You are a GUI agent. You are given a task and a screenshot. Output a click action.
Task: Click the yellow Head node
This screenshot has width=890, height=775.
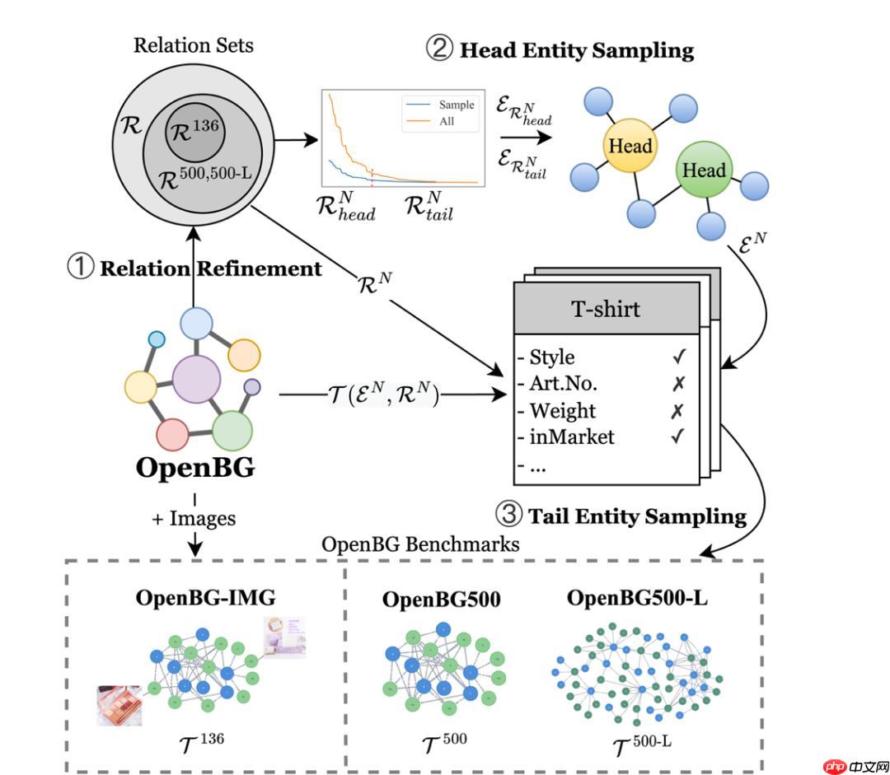pyautogui.click(x=630, y=147)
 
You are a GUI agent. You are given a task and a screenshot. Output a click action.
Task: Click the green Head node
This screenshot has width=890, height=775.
pyautogui.click(x=703, y=171)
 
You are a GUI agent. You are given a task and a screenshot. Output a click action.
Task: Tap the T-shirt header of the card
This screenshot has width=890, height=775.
pyautogui.click(x=607, y=310)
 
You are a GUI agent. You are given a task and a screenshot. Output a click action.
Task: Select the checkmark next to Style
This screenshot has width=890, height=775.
pyautogui.click(x=678, y=357)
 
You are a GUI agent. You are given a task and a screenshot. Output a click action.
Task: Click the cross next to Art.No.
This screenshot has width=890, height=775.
pyautogui.click(x=678, y=384)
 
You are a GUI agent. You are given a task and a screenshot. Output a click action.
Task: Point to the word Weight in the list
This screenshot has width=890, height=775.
pyautogui.click(x=562, y=410)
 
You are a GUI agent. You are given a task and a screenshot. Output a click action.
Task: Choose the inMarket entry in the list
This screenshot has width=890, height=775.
pyautogui.click(x=571, y=437)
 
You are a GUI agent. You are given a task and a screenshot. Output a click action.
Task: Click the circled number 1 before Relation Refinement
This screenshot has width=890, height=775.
pyautogui.click(x=81, y=268)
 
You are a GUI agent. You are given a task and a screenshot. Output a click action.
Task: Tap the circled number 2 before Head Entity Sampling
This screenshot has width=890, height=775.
pyautogui.click(x=438, y=49)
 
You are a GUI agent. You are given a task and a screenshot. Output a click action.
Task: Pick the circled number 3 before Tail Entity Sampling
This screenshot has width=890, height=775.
pyautogui.click(x=508, y=516)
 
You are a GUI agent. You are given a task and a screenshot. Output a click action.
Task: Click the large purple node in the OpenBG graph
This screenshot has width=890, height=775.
pyautogui.click(x=196, y=380)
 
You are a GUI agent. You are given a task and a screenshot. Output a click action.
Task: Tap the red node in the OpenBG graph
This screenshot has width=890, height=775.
pyautogui.click(x=173, y=433)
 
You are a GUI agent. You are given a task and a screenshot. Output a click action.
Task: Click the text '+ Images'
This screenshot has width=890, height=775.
pyautogui.click(x=194, y=519)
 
